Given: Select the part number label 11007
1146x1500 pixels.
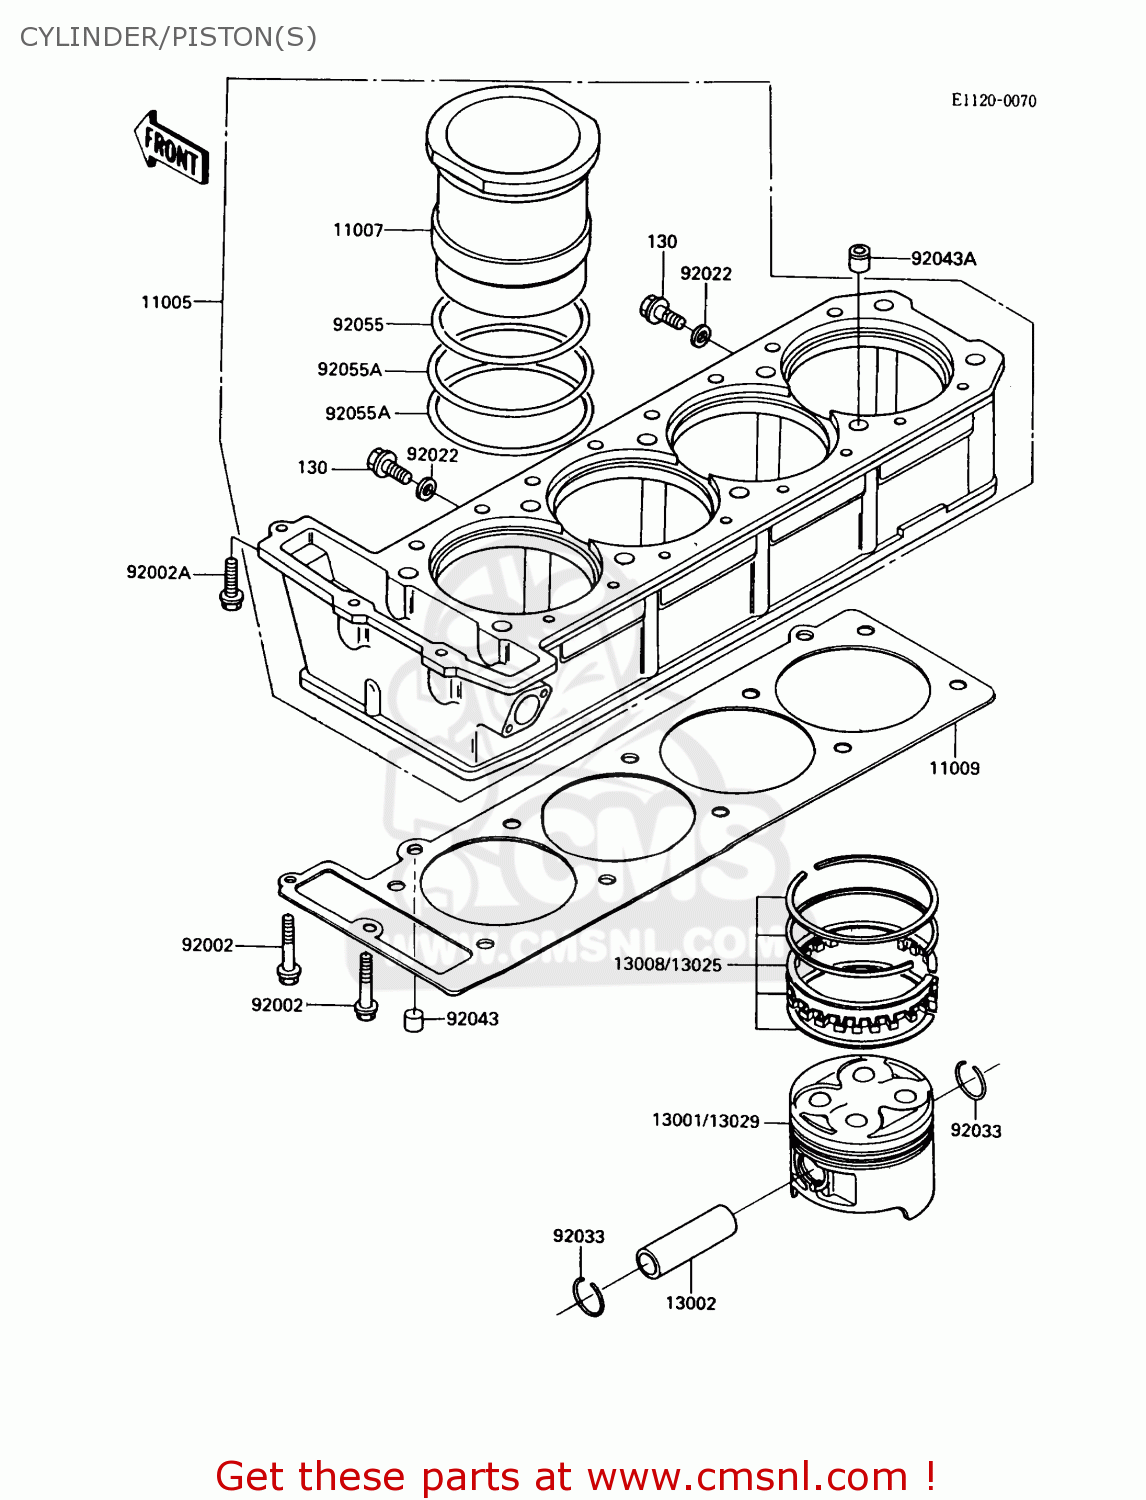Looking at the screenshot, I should [x=358, y=230].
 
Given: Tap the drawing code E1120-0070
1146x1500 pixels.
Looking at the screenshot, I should [x=993, y=101].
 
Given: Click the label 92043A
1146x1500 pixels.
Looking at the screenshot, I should [x=943, y=259].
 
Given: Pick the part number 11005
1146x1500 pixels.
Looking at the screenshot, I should [x=166, y=302].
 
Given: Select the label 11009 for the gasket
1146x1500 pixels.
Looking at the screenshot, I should [x=954, y=768].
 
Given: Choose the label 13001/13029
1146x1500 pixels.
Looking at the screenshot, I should [x=706, y=1121].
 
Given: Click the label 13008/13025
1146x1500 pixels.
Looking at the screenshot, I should [x=667, y=965].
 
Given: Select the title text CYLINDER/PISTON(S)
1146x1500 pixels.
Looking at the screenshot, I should [x=168, y=37].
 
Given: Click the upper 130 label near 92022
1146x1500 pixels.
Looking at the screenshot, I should [x=662, y=242].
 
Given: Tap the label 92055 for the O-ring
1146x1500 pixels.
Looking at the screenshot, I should [x=358, y=325].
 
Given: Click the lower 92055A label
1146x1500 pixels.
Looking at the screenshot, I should [x=357, y=413].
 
